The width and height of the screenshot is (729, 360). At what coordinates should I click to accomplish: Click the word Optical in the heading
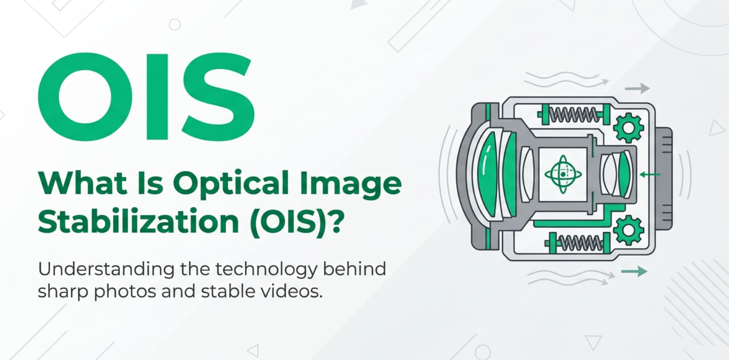point(231,184)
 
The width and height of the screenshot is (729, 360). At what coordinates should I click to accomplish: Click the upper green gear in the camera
point(629,128)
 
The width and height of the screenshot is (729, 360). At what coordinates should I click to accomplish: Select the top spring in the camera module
point(573,114)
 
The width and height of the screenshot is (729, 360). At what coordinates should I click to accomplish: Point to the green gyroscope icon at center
point(563,174)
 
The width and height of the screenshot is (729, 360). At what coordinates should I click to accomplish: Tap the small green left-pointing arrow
point(649,174)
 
